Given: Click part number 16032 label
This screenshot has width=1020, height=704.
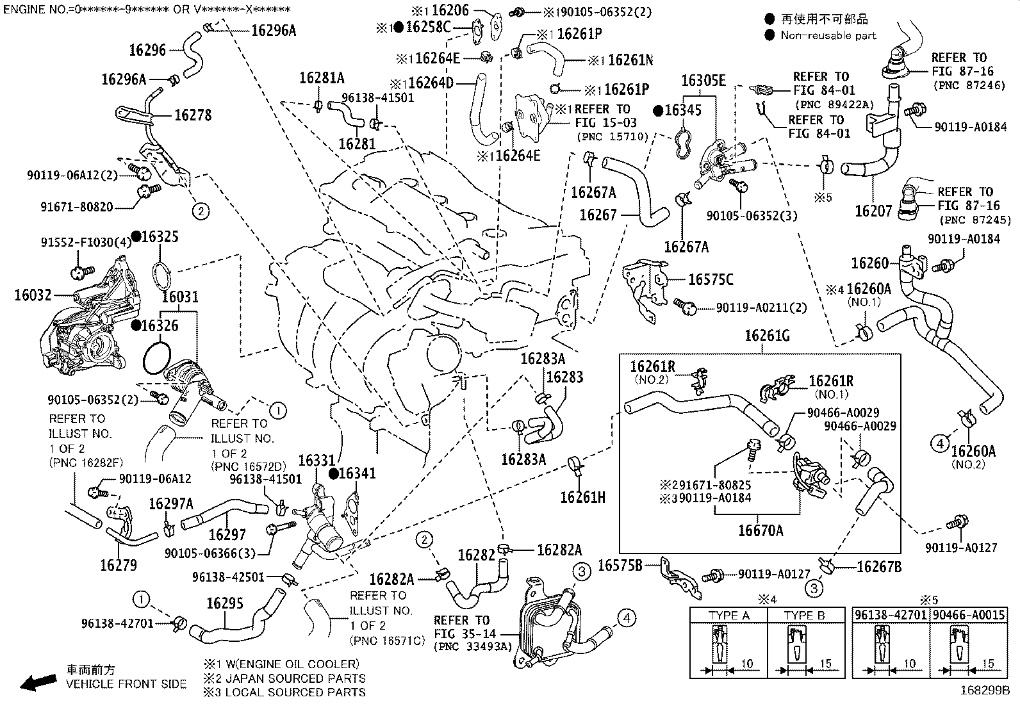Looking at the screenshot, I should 33,295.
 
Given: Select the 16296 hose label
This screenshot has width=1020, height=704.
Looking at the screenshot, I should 147,50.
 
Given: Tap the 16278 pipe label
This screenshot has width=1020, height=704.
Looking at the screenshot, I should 193,115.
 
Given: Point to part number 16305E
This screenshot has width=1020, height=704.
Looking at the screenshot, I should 703,81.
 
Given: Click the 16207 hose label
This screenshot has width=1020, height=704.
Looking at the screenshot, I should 874,211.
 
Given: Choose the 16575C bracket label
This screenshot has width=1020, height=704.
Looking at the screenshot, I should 711,279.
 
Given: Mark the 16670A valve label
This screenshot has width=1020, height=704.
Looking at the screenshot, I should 761,530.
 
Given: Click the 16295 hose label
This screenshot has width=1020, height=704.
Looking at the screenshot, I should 225,603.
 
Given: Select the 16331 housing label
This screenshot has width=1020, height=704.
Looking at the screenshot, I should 317,461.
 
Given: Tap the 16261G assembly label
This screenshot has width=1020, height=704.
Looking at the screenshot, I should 767,336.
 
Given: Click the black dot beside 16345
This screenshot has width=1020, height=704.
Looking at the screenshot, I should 658,110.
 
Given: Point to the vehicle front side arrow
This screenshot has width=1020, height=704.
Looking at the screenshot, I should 35,682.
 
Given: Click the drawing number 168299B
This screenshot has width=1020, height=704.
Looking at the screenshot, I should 984,692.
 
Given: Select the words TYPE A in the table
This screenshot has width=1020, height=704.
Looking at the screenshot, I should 728,616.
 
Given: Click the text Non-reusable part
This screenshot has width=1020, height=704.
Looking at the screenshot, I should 828,36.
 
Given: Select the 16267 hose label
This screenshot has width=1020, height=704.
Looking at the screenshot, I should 598,215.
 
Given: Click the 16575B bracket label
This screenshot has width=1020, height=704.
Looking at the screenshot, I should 620,566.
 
